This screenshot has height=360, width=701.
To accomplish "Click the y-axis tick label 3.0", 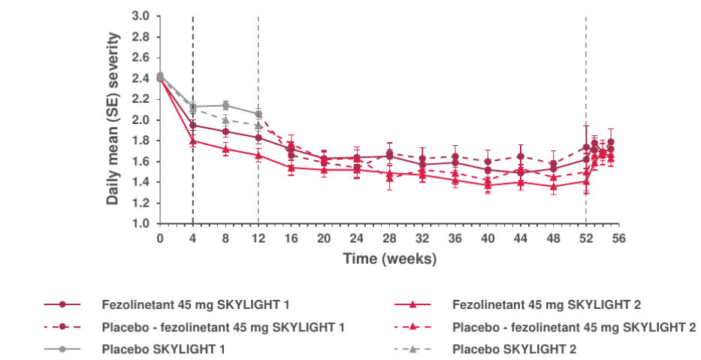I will [x=140, y=16].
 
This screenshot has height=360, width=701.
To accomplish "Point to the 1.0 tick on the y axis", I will [x=140, y=224].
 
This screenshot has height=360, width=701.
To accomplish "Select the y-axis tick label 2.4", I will [x=140, y=78].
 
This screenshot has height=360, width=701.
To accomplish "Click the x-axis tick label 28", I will [x=389, y=238].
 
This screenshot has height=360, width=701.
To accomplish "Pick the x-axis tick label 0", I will [x=160, y=238].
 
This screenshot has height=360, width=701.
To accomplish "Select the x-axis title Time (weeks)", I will [x=389, y=258].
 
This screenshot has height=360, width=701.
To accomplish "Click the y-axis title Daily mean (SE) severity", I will [x=113, y=119].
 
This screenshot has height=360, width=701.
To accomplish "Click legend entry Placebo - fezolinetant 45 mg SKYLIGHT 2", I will [x=574, y=327].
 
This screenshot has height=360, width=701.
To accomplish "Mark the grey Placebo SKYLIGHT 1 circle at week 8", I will [x=225, y=105].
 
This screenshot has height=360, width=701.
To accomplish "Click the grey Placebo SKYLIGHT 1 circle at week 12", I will [x=258, y=113].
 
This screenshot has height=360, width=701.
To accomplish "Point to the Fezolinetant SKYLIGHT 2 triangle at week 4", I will [x=193, y=141].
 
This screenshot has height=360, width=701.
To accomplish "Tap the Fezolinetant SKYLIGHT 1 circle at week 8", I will [x=225, y=132].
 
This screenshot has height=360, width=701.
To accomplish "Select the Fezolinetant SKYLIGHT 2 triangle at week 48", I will [x=554, y=186].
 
